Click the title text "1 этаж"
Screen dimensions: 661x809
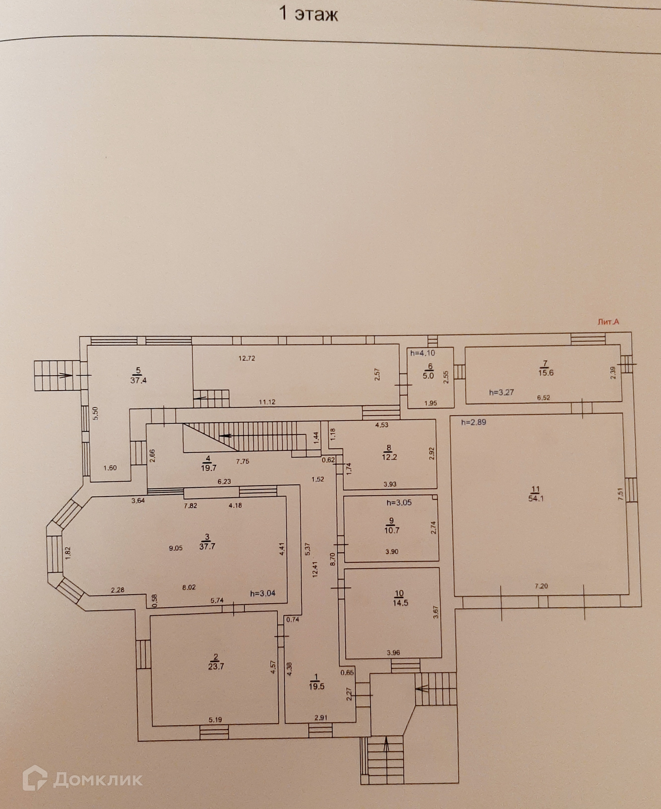click(309, 15)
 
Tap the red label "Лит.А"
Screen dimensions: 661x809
click(608, 322)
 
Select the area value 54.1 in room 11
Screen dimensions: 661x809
click(536, 499)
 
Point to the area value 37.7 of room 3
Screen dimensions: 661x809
click(207, 547)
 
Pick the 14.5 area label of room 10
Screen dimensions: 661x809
click(400, 603)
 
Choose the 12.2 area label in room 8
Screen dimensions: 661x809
click(389, 457)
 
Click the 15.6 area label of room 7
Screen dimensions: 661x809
click(546, 373)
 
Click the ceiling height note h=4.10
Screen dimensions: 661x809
click(422, 353)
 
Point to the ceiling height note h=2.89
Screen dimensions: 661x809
click(473, 422)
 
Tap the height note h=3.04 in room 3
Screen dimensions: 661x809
click(263, 593)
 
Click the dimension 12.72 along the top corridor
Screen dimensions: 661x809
click(247, 358)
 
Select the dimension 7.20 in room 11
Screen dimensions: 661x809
click(541, 586)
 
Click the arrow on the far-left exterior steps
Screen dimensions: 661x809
click(65, 375)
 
